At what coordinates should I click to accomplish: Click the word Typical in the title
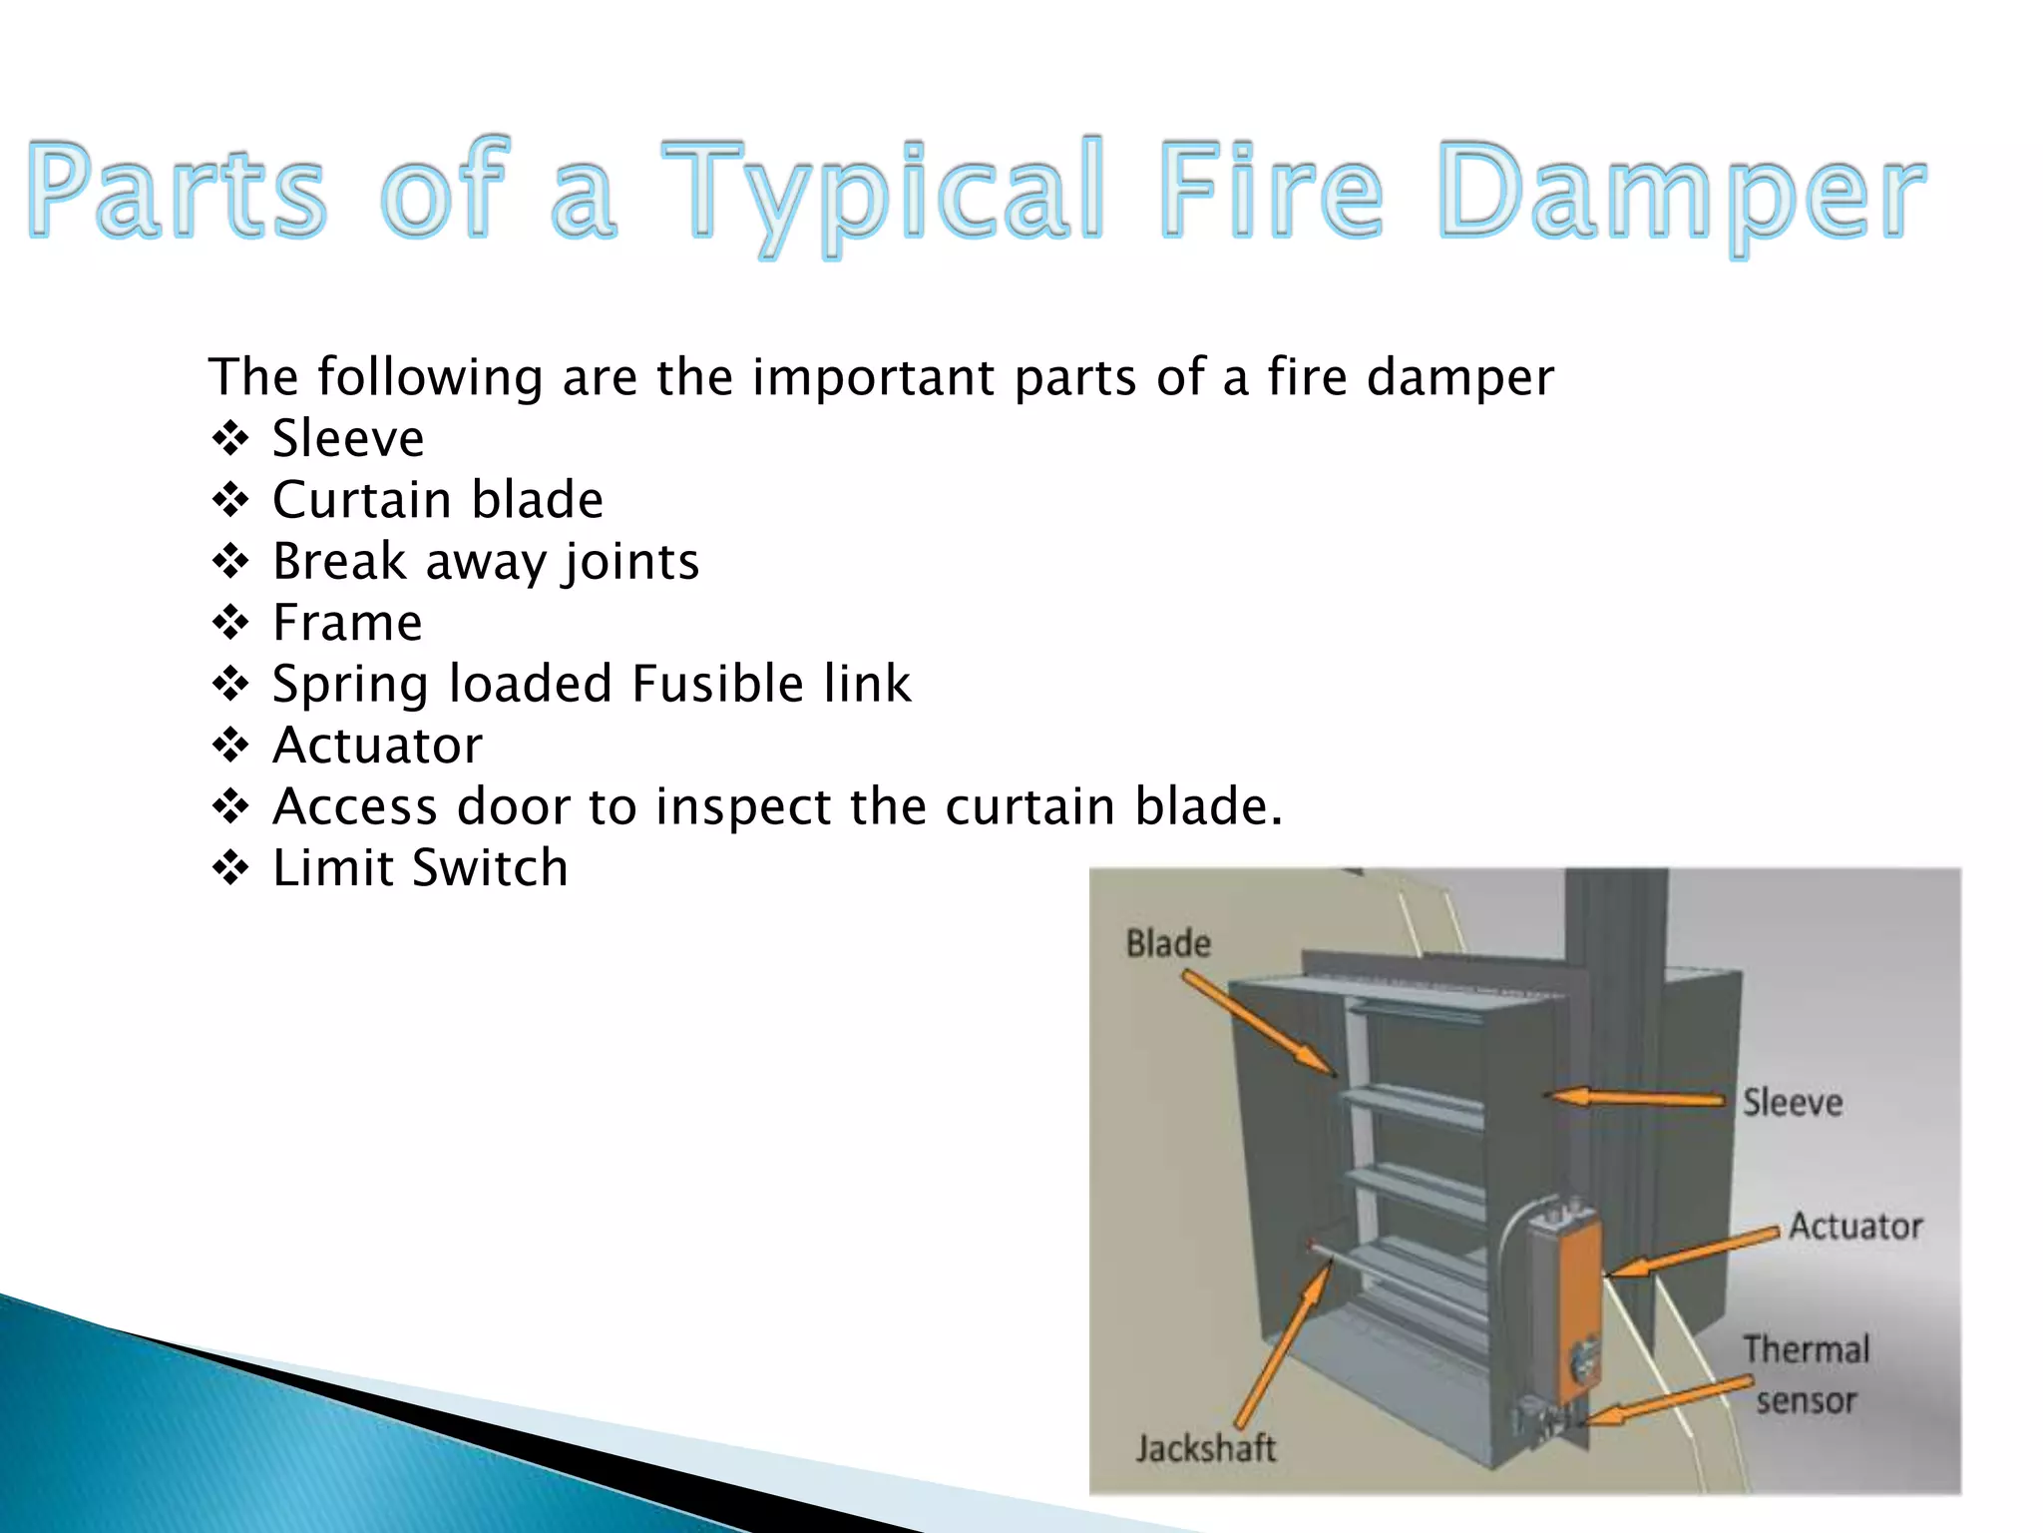click(882, 192)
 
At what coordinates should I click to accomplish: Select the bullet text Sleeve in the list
click(348, 439)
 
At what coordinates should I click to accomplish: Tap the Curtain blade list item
click(438, 500)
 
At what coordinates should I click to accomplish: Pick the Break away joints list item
click(486, 562)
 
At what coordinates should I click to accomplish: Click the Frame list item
click(347, 623)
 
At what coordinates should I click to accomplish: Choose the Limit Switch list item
click(420, 868)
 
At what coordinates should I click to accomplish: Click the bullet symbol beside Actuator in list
click(230, 746)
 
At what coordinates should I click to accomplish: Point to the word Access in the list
click(355, 806)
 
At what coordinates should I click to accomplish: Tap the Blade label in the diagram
click(1168, 943)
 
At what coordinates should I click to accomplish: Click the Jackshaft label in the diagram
click(1205, 1448)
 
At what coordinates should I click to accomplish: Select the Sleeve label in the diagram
click(1793, 1103)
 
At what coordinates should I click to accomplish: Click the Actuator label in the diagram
click(1855, 1226)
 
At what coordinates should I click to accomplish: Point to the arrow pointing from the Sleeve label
click(1636, 1098)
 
